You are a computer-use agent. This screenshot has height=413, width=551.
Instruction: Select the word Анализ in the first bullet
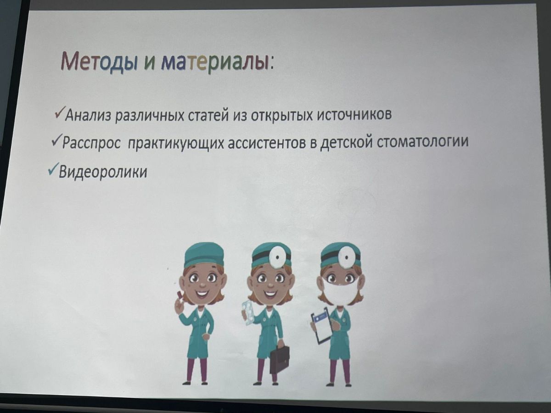[x=88, y=116]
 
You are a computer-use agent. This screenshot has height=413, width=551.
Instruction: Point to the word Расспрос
[x=91, y=143]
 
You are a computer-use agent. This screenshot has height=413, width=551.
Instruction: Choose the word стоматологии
[x=423, y=141]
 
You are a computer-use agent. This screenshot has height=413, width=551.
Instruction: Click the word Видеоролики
[x=103, y=172]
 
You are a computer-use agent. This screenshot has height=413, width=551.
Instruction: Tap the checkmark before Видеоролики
[x=53, y=168]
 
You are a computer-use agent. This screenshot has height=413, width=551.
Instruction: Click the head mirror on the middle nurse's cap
[x=276, y=257]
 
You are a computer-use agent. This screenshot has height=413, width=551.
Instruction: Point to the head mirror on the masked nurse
[x=346, y=257]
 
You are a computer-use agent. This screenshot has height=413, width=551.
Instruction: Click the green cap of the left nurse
[x=204, y=254]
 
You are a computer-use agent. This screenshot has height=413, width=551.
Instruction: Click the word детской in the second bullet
[x=347, y=142]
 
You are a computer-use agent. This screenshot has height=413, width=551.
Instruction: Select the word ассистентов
[x=267, y=142]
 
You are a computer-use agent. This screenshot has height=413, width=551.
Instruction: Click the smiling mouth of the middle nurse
[x=270, y=293]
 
